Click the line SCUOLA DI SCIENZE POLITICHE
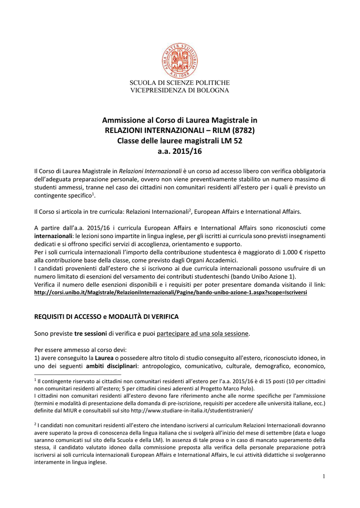tap(180, 82)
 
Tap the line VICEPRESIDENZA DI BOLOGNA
tap(180, 90)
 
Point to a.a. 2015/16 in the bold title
tap(180, 151)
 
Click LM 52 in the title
tap(232, 140)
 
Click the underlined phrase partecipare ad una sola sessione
tap(202, 333)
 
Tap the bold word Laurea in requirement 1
tap(104, 358)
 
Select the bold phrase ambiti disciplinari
tap(112, 366)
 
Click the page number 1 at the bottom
tap(323, 476)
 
